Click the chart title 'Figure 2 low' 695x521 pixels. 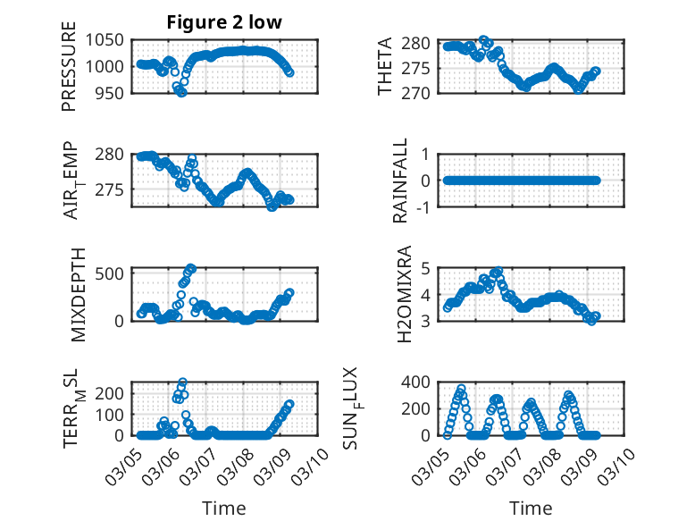[224, 23]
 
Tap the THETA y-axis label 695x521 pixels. [385, 67]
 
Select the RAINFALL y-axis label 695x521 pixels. [401, 181]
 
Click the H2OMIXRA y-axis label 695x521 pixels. [403, 294]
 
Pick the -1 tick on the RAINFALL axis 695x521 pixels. [425, 207]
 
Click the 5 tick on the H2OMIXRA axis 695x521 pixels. [426, 268]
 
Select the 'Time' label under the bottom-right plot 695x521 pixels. [531, 508]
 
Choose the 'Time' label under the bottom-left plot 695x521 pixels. [224, 508]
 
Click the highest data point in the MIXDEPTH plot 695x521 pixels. [190, 267]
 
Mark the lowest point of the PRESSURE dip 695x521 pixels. [182, 92]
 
